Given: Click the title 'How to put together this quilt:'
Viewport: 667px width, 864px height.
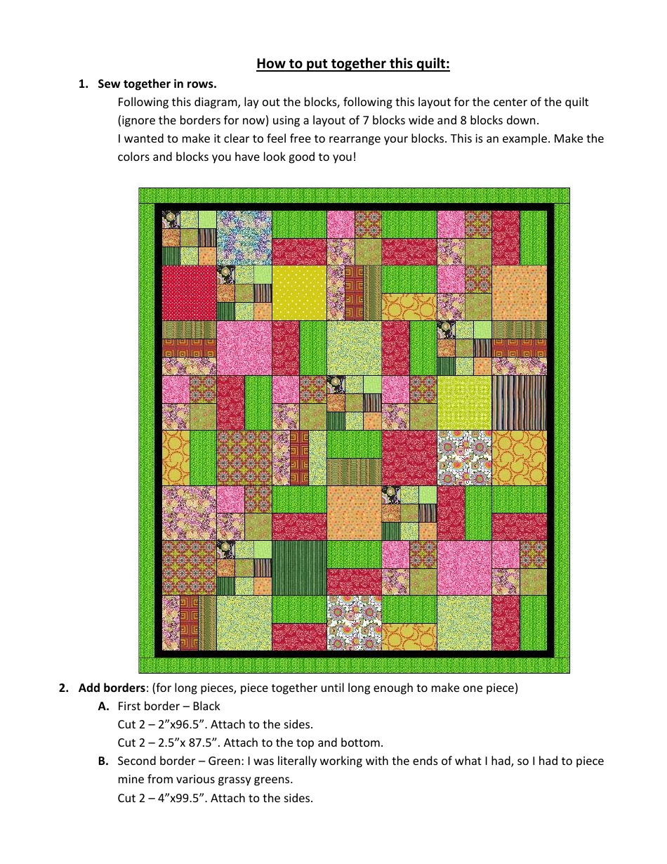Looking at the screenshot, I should point(353,64).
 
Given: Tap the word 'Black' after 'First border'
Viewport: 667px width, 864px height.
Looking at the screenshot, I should point(206,706).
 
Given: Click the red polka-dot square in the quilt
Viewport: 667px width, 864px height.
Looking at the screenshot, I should point(189,292).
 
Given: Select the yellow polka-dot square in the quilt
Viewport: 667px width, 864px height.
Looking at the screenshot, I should point(299,292).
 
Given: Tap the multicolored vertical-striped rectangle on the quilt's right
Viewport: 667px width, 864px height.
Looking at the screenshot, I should point(520,402).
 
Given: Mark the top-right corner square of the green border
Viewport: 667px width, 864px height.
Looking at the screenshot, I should point(561,195).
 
